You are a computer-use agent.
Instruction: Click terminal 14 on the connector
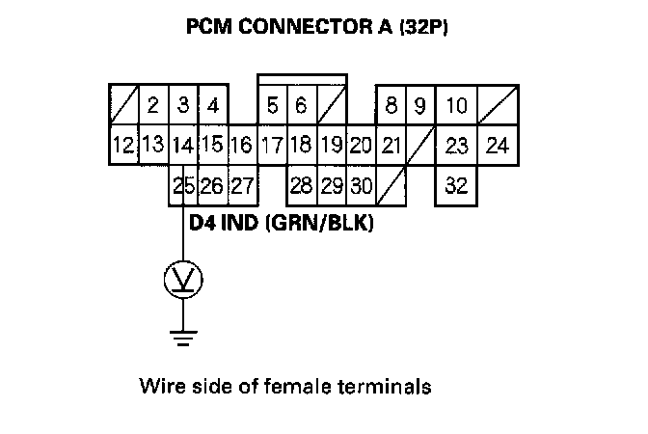[x=181, y=147]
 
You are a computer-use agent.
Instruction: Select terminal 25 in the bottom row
[x=183, y=184]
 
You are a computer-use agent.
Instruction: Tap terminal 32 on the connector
[x=457, y=184]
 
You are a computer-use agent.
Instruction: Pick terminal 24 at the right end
[x=498, y=147]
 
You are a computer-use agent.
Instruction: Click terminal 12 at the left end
[x=122, y=147]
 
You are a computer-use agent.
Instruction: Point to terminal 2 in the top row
[x=152, y=105]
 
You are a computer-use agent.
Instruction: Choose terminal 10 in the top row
[x=457, y=105]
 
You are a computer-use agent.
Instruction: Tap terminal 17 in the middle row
[x=272, y=147]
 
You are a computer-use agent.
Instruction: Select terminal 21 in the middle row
[x=391, y=147]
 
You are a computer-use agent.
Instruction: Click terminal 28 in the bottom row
[x=302, y=184]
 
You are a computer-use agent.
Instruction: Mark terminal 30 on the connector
[x=362, y=184]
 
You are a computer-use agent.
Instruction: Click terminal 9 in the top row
[x=420, y=105]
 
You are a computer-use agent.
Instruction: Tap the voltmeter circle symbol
[x=183, y=280]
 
